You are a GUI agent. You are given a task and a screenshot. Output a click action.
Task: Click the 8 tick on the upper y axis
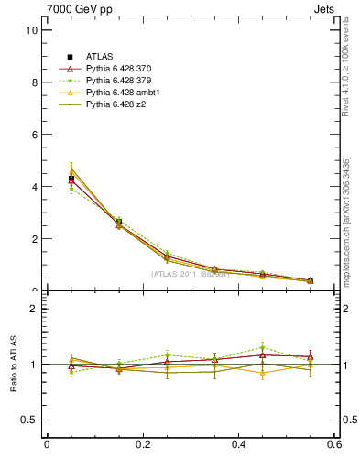pos(34,82)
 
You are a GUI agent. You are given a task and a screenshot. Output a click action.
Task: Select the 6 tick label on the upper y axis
pos(34,135)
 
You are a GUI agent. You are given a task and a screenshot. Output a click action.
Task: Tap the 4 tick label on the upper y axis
pos(34,187)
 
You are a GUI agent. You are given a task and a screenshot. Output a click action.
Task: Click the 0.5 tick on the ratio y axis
pos(29,420)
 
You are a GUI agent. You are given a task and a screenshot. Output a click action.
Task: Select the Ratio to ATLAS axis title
pos(13,365)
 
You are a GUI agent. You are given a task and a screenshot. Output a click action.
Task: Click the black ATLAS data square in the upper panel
pos(71,180)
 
